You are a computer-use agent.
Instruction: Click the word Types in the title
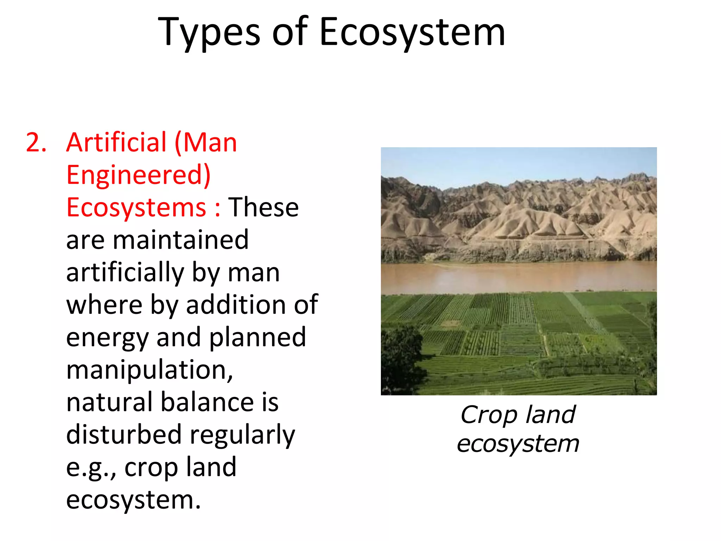209,33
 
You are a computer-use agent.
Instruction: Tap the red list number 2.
36,143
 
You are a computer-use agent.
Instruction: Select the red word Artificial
116,143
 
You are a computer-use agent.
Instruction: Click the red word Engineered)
138,175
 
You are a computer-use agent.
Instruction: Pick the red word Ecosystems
136,207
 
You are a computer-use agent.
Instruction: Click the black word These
263,207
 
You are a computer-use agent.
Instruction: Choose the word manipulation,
150,370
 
